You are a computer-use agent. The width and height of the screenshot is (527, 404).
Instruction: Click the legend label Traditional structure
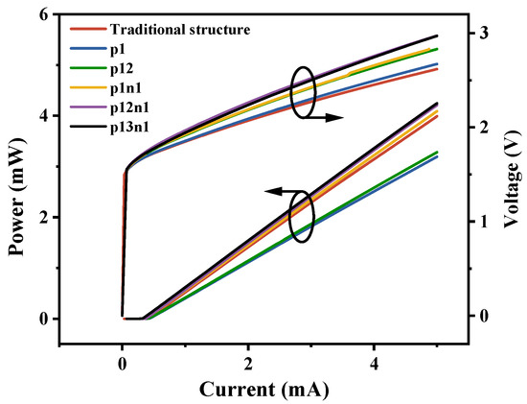180,30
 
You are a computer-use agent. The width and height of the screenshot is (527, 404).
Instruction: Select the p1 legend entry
118,50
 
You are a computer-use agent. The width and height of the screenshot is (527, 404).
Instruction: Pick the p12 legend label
122,69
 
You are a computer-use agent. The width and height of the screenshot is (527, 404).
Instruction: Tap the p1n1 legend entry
126,88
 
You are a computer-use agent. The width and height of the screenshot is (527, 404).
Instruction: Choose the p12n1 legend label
129,107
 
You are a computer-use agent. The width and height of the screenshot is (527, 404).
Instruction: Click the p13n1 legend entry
129,128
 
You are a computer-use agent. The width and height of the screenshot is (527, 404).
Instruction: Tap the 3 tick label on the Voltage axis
483,33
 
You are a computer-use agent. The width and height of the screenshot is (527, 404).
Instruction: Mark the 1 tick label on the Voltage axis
483,221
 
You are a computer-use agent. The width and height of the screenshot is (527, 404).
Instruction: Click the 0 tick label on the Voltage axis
483,316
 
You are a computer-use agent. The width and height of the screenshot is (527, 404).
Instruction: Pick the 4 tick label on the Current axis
374,365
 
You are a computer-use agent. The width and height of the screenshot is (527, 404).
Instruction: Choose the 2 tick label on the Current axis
248,365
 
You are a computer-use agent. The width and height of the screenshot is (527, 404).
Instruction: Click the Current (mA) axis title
264,390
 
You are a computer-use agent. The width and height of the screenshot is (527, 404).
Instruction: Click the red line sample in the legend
88,29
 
